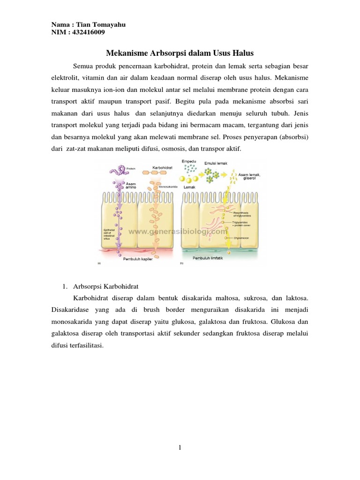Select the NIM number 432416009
(90, 33)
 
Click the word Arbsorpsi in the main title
(163, 53)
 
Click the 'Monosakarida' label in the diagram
(168, 187)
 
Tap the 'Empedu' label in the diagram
(189, 162)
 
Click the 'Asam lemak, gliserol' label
(250, 177)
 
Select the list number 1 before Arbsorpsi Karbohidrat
(65, 286)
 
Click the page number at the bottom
(180, 448)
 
